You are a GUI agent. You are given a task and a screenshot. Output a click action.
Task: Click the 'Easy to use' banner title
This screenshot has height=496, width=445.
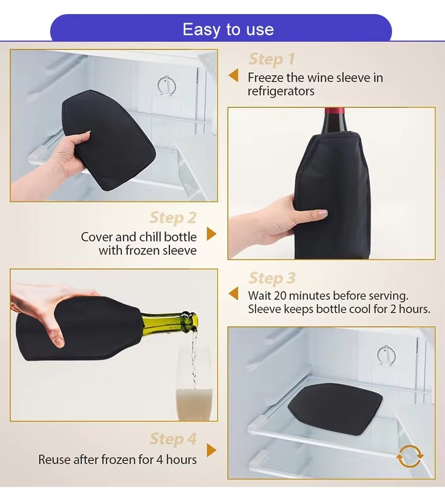pyautogui.click(x=228, y=29)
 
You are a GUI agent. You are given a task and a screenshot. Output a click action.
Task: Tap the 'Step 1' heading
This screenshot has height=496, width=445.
pyautogui.click(x=272, y=59)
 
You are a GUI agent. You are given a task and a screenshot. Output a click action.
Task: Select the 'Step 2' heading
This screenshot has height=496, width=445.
pyautogui.click(x=173, y=218)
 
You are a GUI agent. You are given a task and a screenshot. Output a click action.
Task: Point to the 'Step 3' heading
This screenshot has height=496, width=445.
pyautogui.click(x=272, y=278)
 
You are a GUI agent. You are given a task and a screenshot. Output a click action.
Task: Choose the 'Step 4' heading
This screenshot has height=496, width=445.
pyautogui.click(x=173, y=439)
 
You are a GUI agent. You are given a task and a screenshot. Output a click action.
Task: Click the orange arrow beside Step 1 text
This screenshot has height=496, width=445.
pyautogui.click(x=233, y=76)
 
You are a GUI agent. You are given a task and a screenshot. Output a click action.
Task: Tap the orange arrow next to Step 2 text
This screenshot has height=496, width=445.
pyautogui.click(x=211, y=234)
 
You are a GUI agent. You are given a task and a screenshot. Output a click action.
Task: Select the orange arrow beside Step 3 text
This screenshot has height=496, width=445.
pyautogui.click(x=233, y=294)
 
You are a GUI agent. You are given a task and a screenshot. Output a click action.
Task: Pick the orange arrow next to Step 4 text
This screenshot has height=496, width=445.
pyautogui.click(x=211, y=450)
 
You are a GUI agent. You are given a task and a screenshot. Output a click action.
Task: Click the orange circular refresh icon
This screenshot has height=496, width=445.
pyautogui.click(x=409, y=457)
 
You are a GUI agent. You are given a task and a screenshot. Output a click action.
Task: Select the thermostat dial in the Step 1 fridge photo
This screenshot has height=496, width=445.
pyautogui.click(x=165, y=86)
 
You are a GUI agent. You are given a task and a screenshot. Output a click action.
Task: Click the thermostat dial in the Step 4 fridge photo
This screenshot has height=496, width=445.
pyautogui.click(x=386, y=355)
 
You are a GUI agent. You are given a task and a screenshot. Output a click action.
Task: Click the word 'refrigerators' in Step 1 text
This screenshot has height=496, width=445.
pyautogui.click(x=281, y=91)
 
